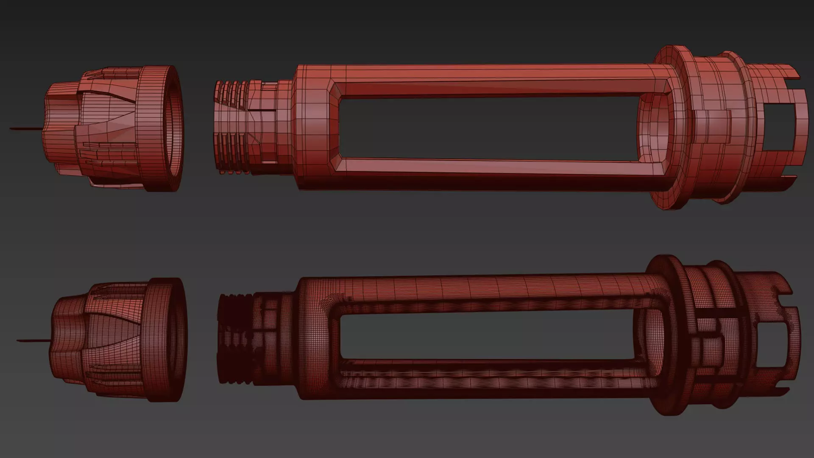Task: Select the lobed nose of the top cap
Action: (59, 127)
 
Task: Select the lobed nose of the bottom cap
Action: (68, 339)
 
